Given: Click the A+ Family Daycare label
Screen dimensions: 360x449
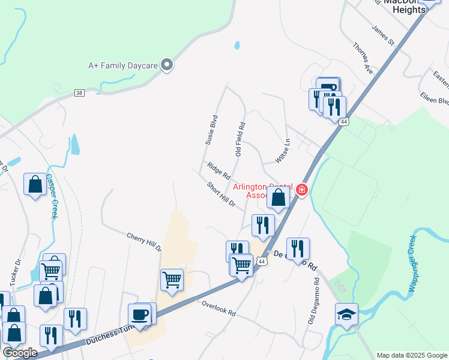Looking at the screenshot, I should pyautogui.click(x=123, y=65).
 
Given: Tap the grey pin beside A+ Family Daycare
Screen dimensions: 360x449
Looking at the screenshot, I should pyautogui.click(x=167, y=65).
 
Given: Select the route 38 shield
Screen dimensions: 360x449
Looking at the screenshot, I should pyautogui.click(x=79, y=92).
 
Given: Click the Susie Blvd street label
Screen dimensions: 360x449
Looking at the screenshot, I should pyautogui.click(x=210, y=130).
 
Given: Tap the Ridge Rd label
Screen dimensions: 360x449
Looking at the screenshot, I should pyautogui.click(x=218, y=171).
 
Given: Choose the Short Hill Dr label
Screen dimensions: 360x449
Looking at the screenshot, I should pyautogui.click(x=221, y=195).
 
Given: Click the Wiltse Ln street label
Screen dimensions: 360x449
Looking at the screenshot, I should pyautogui.click(x=282, y=151).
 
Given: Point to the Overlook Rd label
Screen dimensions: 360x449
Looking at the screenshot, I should pyautogui.click(x=218, y=309).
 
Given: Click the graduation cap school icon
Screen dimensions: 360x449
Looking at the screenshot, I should pyautogui.click(x=346, y=314).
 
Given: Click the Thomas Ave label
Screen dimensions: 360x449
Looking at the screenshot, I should pyautogui.click(x=363, y=58).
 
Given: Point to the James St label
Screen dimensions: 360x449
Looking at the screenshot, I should pyautogui.click(x=382, y=36).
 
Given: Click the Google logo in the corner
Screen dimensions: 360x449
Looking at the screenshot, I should pyautogui.click(x=20, y=353).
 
